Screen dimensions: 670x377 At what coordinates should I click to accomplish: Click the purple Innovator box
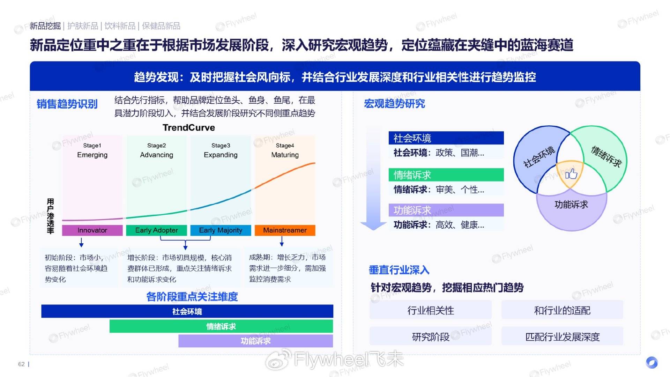pos(92,230)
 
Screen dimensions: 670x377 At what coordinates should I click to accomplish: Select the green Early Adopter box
pos(156,230)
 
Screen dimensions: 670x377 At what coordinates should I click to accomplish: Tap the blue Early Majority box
pos(221,230)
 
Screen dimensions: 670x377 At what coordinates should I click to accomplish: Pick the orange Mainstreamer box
pos(285,230)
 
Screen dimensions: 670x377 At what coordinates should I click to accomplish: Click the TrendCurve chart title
pos(189,128)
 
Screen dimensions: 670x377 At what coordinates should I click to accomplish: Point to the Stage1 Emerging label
pos(92,150)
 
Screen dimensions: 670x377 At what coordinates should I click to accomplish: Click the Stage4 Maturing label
pos(285,150)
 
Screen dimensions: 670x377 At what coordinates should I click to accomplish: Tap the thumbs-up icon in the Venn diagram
pos(571,173)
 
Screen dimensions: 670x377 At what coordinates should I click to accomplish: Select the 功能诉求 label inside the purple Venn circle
pos(571,205)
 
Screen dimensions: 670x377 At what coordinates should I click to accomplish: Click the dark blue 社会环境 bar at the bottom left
pos(187,311)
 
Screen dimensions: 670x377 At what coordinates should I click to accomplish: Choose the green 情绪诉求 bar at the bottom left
pos(221,326)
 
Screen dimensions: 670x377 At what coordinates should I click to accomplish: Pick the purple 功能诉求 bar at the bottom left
pos(256,341)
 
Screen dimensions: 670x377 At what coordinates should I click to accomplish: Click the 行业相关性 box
pos(431,310)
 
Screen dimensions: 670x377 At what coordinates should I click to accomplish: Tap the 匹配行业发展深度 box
pos(562,337)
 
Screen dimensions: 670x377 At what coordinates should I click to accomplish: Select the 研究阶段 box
pos(431,337)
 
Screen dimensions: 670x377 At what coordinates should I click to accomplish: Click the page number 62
pos(21,364)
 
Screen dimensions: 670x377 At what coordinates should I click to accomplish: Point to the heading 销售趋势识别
pos(67,104)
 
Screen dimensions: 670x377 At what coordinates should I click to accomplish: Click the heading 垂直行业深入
pos(399,270)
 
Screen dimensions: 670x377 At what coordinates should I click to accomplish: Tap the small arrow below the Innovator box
pos(81,242)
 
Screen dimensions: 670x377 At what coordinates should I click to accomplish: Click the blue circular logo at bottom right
pos(652,362)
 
